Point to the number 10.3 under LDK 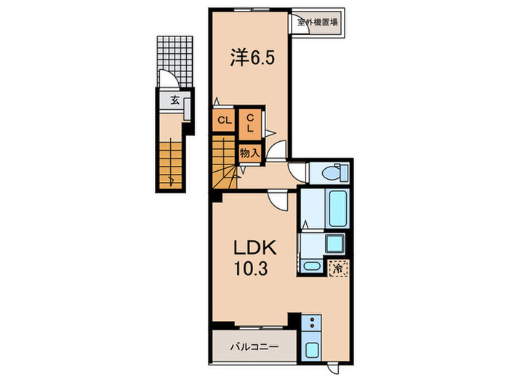252,269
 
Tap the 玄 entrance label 175,102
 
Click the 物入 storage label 249,154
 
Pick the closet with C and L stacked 249,122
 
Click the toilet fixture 334,173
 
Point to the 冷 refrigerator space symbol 337,268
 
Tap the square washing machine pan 334,242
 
